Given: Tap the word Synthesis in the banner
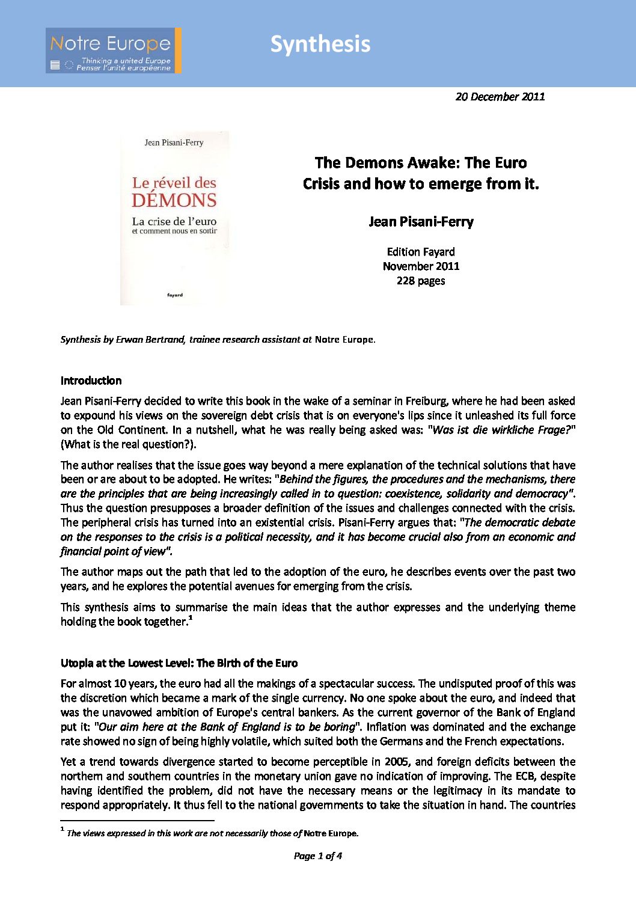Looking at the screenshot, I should pyautogui.click(x=320, y=44).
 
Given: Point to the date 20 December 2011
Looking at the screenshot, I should pyautogui.click(x=500, y=97).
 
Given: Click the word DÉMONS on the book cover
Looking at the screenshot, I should pyautogui.click(x=174, y=200).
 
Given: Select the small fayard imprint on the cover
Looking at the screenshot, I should pyautogui.click(x=175, y=295).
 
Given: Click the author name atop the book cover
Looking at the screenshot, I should pyautogui.click(x=174, y=142).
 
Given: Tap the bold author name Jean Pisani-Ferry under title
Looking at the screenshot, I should pyautogui.click(x=421, y=222).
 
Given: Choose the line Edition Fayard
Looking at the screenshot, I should pyautogui.click(x=421, y=252).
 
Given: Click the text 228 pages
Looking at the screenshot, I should pyautogui.click(x=421, y=281).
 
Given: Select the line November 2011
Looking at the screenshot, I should pyautogui.click(x=421, y=266).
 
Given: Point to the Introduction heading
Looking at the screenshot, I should pyautogui.click(x=91, y=381).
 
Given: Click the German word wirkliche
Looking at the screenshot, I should pyautogui.click(x=507, y=430).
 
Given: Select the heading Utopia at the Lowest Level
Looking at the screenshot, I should pyautogui.click(x=179, y=663).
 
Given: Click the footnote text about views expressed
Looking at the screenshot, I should pyautogui.click(x=212, y=833).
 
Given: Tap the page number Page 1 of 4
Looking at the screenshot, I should pyautogui.click(x=317, y=856).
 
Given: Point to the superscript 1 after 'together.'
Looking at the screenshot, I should pyautogui.click(x=191, y=619).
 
